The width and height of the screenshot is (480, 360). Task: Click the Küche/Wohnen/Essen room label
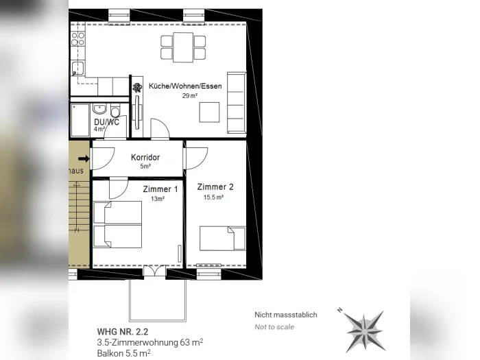point(185,86)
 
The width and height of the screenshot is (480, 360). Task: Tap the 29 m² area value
point(190,96)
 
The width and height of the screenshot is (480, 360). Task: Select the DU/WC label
point(106,122)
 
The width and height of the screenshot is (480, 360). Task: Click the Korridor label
point(145,157)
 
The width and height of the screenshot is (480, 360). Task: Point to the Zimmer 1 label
point(160,189)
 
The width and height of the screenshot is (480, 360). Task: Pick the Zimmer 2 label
point(215,187)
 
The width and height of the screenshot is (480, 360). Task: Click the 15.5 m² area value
point(213,197)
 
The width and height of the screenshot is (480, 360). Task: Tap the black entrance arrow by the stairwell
point(84,158)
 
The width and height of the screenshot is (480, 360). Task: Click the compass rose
point(363,331)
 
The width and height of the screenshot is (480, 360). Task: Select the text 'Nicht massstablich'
point(286,315)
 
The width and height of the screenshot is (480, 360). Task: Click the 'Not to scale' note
point(274,327)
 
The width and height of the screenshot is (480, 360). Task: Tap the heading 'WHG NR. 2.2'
point(123,331)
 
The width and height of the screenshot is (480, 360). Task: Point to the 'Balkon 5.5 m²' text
point(123,353)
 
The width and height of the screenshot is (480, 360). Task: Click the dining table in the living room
point(183,47)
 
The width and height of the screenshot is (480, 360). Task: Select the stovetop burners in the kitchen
point(77,39)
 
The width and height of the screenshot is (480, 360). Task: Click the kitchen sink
point(77,69)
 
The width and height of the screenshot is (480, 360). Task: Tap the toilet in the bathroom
point(115,110)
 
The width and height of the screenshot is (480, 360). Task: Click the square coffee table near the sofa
point(209,112)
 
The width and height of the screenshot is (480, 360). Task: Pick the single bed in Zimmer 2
point(223,239)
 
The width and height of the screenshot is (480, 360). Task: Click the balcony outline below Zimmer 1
point(158,321)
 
